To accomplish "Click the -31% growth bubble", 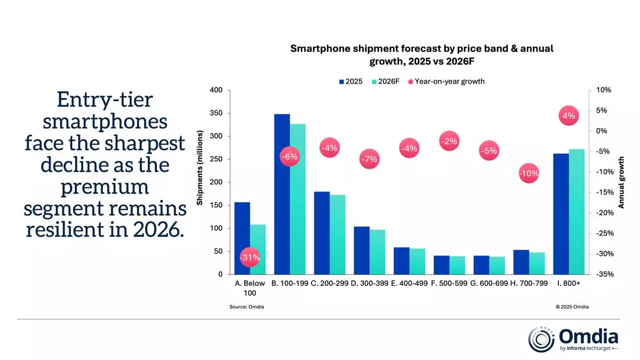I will click(250, 257).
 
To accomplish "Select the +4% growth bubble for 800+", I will click(569, 116).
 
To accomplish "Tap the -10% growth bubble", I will click(529, 173).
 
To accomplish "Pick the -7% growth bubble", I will click(369, 159).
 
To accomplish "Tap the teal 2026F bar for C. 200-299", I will click(338, 234).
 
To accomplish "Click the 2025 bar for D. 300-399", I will click(362, 250).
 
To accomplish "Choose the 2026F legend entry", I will click(386, 82).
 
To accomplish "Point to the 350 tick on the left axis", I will click(215, 114).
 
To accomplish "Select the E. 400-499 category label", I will click(410, 284).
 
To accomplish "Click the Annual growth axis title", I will click(621, 182).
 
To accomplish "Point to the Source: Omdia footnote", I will click(247, 307).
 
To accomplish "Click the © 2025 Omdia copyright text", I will click(572, 307).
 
